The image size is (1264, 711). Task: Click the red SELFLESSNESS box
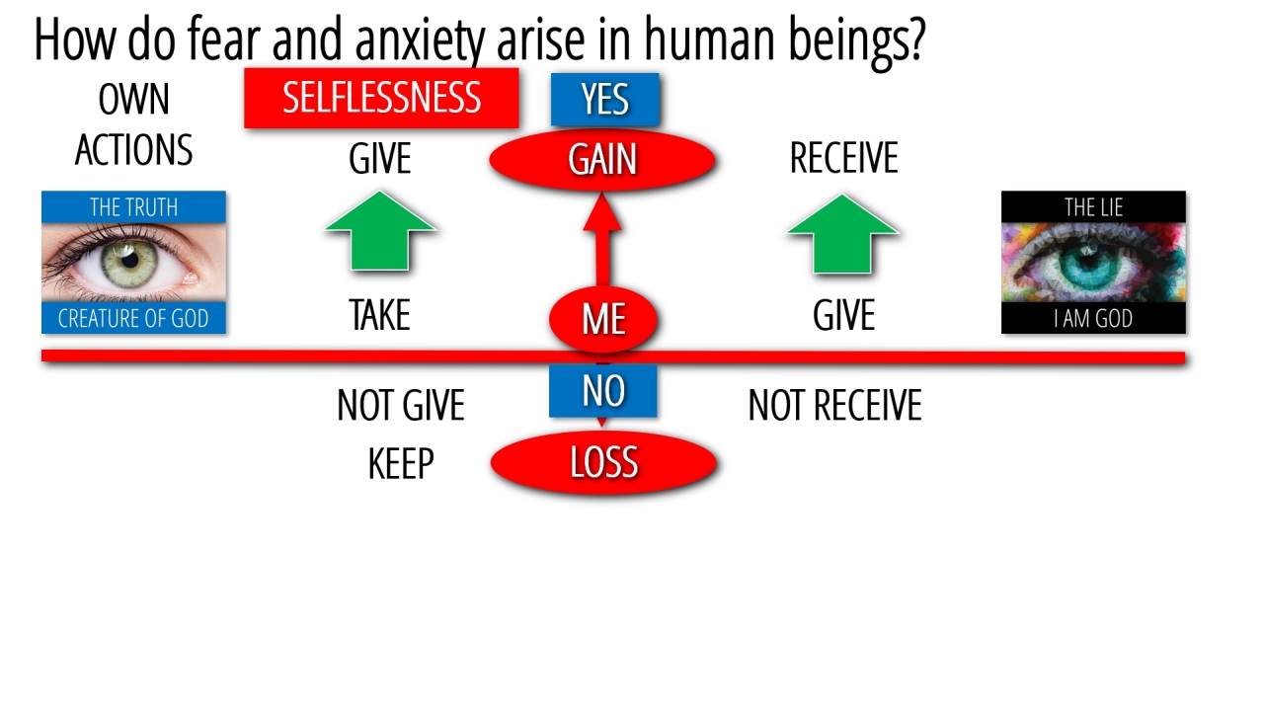[381, 98]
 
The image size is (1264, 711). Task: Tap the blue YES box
[605, 100]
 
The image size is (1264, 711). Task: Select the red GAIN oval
[602, 160]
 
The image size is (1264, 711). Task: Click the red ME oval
[603, 319]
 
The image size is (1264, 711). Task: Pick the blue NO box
[603, 391]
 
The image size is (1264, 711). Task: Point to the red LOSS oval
[603, 463]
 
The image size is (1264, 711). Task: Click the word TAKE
[380, 315]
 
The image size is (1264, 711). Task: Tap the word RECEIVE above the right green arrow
[843, 158]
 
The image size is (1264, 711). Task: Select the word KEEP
[401, 464]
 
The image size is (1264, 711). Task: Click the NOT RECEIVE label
[835, 405]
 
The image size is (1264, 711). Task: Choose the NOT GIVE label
[401, 405]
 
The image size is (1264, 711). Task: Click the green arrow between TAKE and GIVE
[380, 231]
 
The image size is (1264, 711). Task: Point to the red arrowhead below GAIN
[602, 212]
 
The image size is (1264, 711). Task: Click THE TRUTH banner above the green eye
[133, 207]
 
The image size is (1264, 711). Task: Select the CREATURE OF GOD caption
[133, 318]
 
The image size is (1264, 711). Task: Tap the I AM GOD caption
[1093, 318]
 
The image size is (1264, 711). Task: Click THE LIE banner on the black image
[1093, 207]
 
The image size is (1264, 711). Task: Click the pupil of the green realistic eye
[130, 260]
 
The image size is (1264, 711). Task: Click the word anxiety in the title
[420, 39]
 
